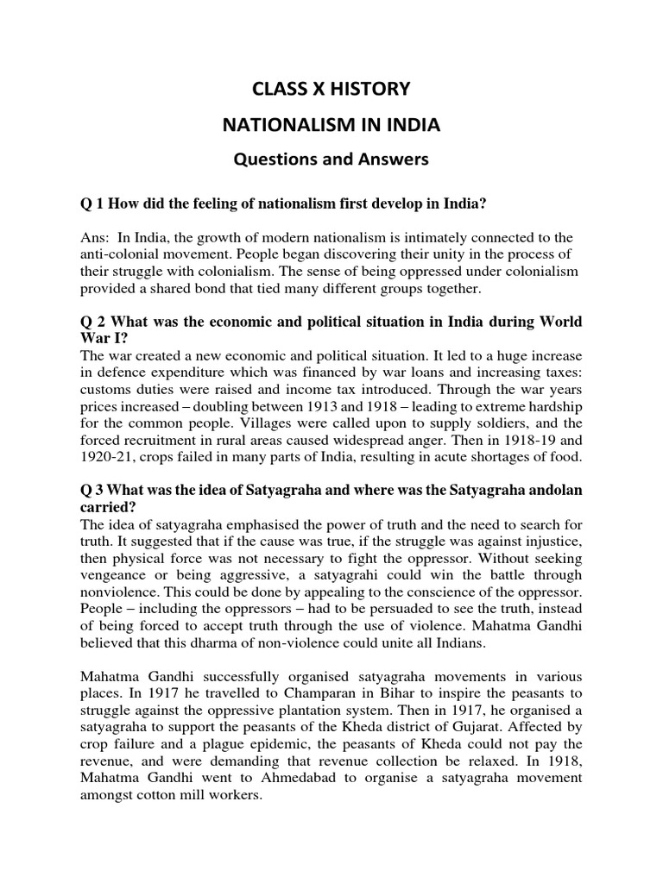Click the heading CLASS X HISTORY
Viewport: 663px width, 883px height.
tap(331, 88)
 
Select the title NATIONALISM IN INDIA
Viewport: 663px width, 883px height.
tap(331, 125)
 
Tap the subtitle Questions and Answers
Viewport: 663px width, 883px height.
tap(331, 160)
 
